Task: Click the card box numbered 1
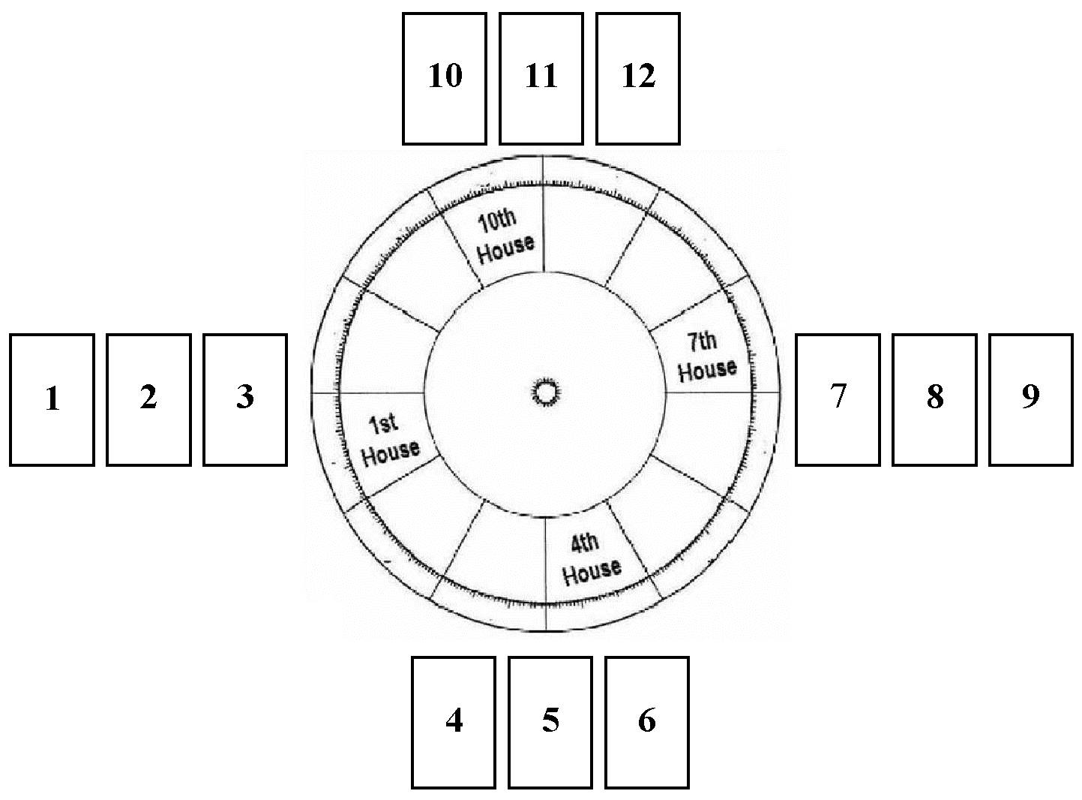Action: click(x=52, y=399)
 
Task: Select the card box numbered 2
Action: click(x=148, y=399)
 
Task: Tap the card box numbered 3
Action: click(x=245, y=399)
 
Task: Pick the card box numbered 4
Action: click(x=454, y=722)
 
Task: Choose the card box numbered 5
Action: click(x=550, y=722)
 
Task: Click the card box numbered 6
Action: click(x=647, y=722)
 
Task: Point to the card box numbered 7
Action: click(x=838, y=399)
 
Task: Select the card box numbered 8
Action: click(x=934, y=399)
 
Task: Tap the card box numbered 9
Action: click(x=1031, y=399)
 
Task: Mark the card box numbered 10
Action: click(x=445, y=77)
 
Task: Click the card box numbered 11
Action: click(x=541, y=77)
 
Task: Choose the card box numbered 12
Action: click(x=638, y=77)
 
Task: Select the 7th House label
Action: click(x=705, y=356)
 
